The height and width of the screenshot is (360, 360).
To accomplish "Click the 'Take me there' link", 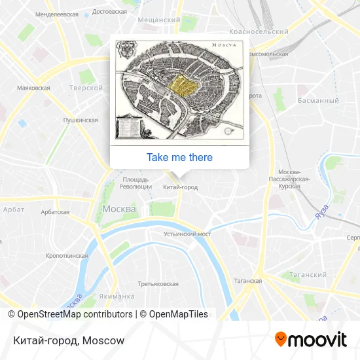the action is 179,157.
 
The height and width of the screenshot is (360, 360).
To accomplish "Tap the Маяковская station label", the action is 33,88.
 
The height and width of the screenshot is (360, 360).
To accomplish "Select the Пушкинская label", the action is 80,120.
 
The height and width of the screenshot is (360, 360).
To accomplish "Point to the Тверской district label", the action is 86,88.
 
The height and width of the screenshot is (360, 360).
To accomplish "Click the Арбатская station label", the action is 55,212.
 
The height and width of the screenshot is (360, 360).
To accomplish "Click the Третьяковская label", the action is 158,284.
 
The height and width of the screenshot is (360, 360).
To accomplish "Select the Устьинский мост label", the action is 187,234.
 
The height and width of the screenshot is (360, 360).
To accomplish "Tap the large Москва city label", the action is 119,209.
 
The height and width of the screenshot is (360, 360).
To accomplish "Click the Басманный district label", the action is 318,101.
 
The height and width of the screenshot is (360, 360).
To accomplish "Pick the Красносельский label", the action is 259,31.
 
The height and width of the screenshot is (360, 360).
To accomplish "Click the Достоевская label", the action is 110,12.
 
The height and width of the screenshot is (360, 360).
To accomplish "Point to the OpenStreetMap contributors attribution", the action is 75,314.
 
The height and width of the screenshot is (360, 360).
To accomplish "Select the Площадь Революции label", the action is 135,183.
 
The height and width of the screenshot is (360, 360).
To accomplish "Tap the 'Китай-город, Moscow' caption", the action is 68,340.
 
